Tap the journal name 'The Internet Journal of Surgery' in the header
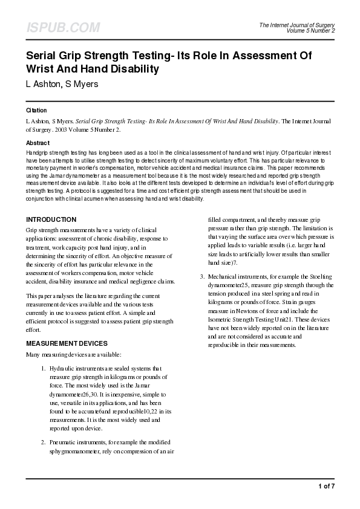296,25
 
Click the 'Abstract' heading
38,143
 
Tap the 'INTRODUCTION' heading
51,219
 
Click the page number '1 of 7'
326,486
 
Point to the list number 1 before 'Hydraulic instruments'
43,368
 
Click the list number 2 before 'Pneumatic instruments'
43,443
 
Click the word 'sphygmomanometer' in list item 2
78,452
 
